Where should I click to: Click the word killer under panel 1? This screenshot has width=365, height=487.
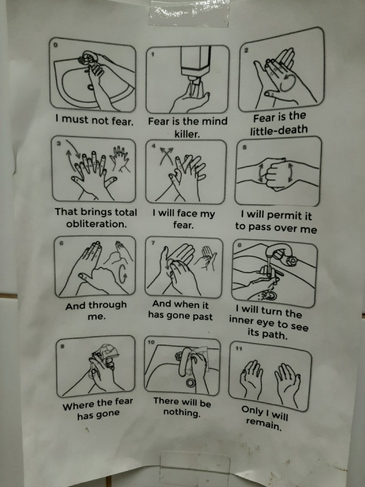(x=187, y=134)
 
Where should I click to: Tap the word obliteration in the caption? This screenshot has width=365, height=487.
(x=96, y=224)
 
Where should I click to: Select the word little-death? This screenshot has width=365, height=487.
(x=279, y=130)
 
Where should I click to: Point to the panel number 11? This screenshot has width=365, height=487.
(x=238, y=349)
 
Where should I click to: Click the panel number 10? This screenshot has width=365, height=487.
(x=151, y=342)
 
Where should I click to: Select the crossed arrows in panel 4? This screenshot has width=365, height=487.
(x=166, y=156)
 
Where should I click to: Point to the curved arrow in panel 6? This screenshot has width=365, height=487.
(x=123, y=274)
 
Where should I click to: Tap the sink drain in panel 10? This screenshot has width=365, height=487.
(x=190, y=383)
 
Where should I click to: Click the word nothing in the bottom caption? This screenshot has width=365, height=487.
(x=182, y=412)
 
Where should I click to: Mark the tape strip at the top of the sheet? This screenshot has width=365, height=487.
(x=189, y=13)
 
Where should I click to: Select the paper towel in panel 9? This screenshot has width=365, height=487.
(x=107, y=352)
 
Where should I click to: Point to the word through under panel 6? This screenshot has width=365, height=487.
(x=107, y=305)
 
